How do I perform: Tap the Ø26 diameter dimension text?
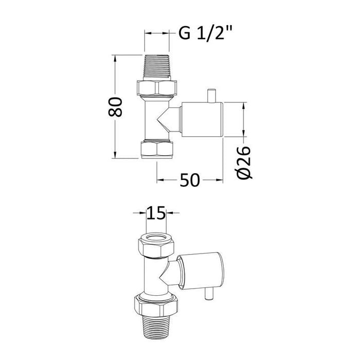245,162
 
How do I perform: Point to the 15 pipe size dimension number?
156,213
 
